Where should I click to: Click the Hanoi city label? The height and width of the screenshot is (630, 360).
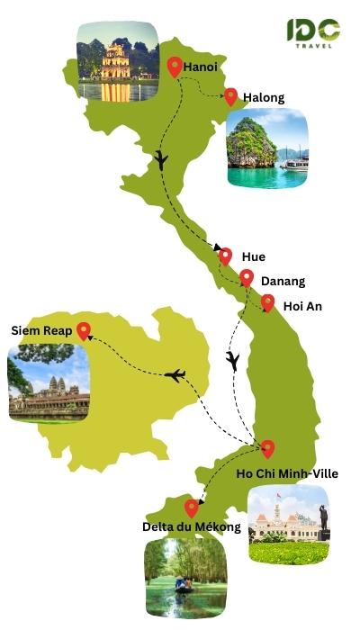click(x=202, y=67)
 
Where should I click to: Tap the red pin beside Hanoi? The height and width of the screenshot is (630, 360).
click(x=175, y=66)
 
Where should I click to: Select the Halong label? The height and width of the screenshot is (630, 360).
click(x=264, y=97)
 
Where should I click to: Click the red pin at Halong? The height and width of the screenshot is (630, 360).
click(x=231, y=95)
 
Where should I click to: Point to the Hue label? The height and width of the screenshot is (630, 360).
click(x=254, y=256)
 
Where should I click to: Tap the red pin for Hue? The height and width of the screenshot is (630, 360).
click(x=225, y=256)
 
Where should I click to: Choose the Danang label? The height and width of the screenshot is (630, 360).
click(x=283, y=281)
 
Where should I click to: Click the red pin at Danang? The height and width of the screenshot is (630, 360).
click(x=247, y=277)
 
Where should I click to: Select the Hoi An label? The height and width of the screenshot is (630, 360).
click(x=302, y=306)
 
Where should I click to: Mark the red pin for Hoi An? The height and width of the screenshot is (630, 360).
click(x=267, y=302)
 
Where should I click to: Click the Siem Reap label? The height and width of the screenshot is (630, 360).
click(x=40, y=330)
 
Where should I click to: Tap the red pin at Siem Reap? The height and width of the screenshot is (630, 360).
click(x=84, y=330)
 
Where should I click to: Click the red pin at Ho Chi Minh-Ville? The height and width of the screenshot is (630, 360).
click(x=267, y=448)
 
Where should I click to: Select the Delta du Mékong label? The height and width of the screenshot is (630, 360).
click(x=192, y=526)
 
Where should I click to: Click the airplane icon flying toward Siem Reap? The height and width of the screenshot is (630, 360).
click(x=175, y=373)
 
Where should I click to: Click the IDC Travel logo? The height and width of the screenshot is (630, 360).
click(x=313, y=33)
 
